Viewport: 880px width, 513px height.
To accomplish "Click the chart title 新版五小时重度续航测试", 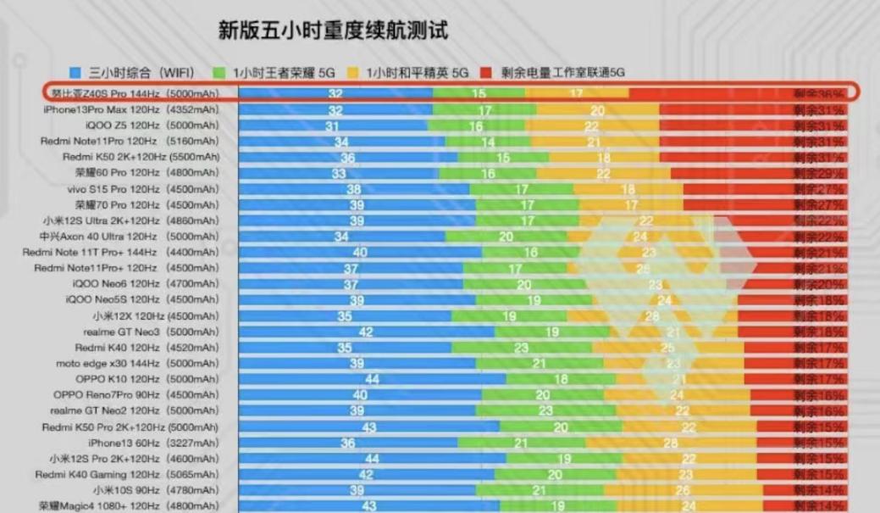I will [333, 31].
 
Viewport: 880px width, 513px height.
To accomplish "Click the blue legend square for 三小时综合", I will [75, 73].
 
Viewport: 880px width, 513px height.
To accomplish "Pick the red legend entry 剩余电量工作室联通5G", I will [562, 73].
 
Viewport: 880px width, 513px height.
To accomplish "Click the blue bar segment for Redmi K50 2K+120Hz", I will [348, 157].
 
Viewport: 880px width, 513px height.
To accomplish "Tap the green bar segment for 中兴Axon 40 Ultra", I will [506, 237].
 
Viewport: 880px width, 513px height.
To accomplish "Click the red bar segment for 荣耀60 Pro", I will [728, 173].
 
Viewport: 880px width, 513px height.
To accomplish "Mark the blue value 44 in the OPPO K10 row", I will [372, 379].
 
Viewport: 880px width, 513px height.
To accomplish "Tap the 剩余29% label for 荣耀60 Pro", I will [818, 173].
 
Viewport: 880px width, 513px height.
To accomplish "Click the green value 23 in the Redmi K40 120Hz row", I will [521, 348].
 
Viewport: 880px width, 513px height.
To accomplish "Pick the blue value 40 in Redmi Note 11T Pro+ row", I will [360, 252].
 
